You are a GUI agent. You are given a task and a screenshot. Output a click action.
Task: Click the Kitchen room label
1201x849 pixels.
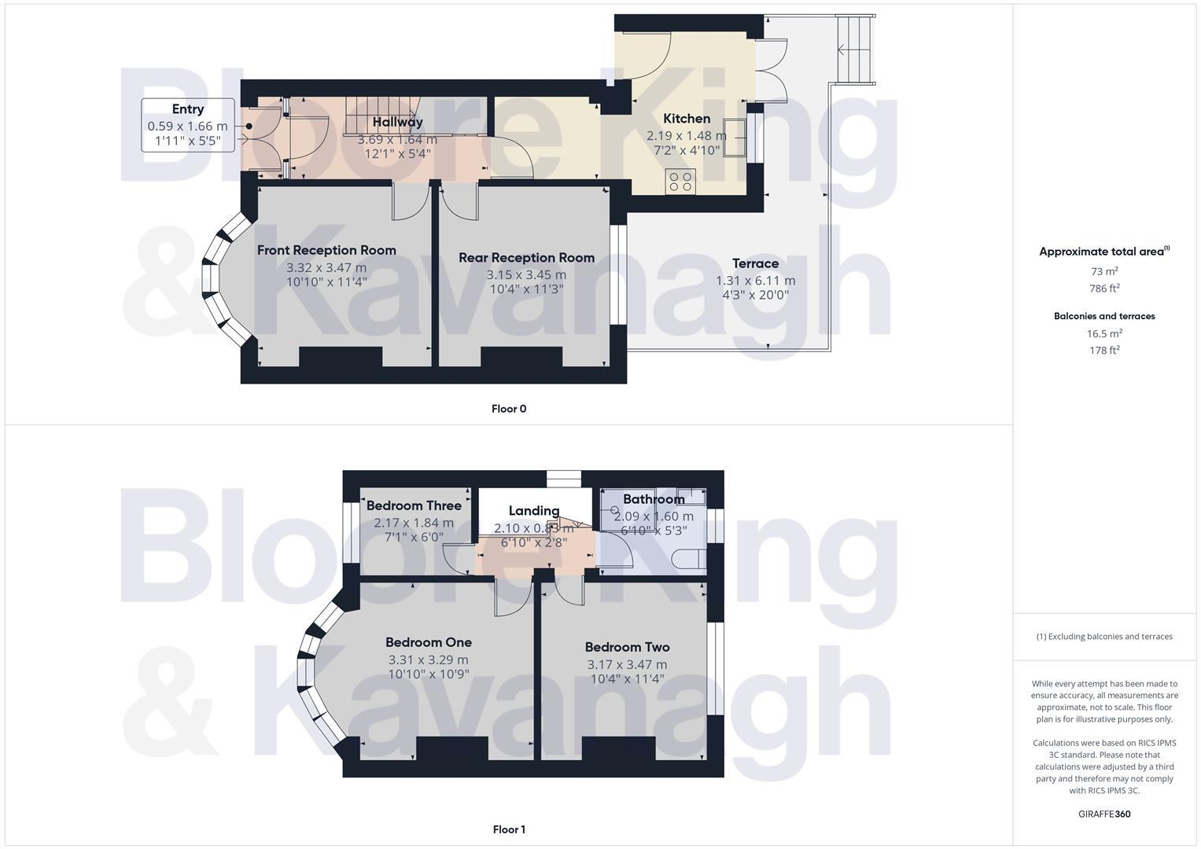point(687,119)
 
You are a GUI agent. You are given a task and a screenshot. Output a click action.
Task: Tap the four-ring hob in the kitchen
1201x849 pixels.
point(680,182)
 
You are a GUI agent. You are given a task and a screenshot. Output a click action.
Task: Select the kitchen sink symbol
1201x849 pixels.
point(735,138)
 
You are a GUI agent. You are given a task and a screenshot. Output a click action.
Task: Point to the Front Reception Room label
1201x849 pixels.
point(326,250)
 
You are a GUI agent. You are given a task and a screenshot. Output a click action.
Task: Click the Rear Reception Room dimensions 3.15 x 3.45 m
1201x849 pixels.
point(526,275)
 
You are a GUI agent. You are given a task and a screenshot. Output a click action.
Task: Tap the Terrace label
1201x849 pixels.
point(756,263)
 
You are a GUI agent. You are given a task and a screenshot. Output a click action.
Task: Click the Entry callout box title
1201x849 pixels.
point(188,109)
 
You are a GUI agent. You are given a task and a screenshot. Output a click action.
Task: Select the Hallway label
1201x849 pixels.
point(397,122)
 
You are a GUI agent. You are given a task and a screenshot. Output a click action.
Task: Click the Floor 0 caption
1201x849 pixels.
point(509,409)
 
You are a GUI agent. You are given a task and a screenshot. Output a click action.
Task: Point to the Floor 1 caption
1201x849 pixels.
point(509,829)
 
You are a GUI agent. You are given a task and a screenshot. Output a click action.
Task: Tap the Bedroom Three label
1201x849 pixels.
point(414,505)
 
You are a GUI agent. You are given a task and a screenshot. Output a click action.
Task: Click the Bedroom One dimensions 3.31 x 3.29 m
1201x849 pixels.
point(429,660)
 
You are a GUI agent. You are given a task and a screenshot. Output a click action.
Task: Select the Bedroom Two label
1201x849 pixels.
point(628,648)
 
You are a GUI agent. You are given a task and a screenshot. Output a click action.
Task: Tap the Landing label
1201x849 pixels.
point(534,511)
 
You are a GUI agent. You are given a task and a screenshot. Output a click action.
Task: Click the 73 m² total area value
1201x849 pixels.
point(1103,271)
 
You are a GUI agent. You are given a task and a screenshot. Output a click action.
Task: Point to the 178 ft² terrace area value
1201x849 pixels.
point(1104,350)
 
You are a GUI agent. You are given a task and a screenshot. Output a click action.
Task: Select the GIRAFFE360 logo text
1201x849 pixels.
point(1104,814)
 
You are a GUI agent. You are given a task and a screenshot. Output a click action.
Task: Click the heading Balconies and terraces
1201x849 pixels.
point(1104,316)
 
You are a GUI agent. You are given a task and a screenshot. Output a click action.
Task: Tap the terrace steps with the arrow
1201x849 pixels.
point(856,50)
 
